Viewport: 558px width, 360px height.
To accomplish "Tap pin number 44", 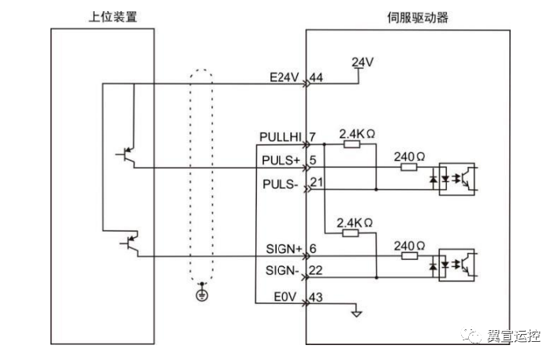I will point(317,77).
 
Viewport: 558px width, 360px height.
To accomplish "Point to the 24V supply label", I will point(361,61).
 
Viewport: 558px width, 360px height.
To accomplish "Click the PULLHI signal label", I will point(281,138).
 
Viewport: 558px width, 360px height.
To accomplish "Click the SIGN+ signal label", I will point(284,249).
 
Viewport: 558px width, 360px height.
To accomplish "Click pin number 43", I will point(317,297).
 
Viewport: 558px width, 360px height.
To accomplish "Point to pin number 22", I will point(317,270).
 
